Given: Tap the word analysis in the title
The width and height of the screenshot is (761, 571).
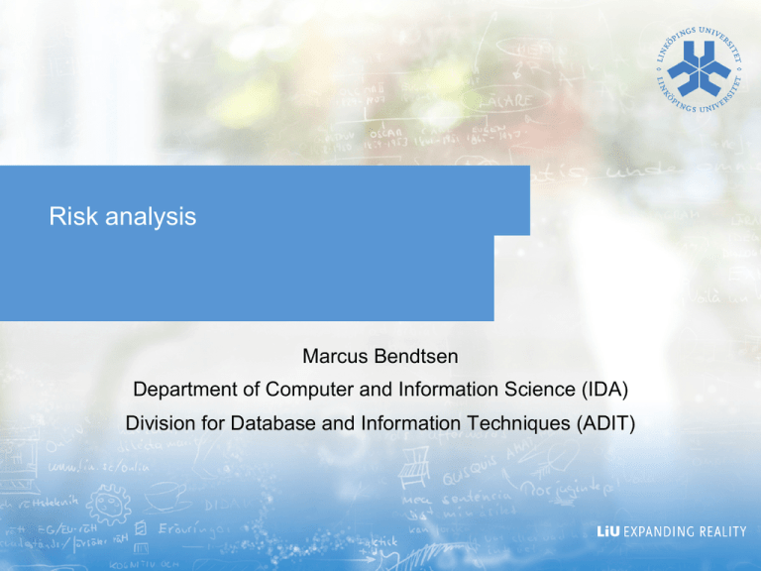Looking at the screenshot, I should click(147, 218).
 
